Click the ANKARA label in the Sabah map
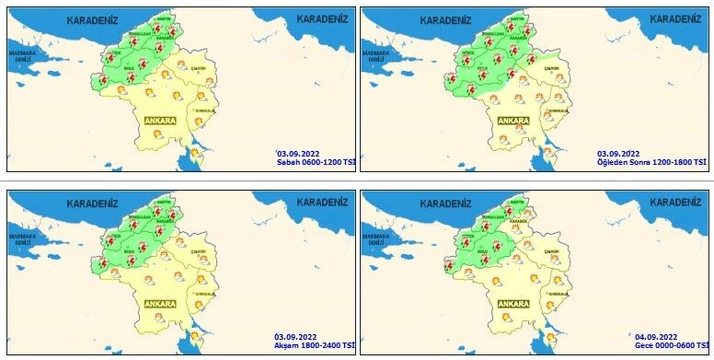[x=160, y=120]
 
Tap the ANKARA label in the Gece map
[x=512, y=303]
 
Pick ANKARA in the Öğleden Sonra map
[x=512, y=121]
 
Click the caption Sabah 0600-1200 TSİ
[x=315, y=163]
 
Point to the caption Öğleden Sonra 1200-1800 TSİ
[x=651, y=162]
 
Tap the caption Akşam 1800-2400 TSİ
[x=315, y=345]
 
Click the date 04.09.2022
[x=656, y=337]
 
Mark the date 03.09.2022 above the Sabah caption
[x=296, y=154]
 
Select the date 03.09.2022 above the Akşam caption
[x=296, y=337]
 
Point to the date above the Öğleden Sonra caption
[x=618, y=153]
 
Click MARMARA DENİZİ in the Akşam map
[x=22, y=238]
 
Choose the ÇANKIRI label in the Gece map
[x=552, y=250]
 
